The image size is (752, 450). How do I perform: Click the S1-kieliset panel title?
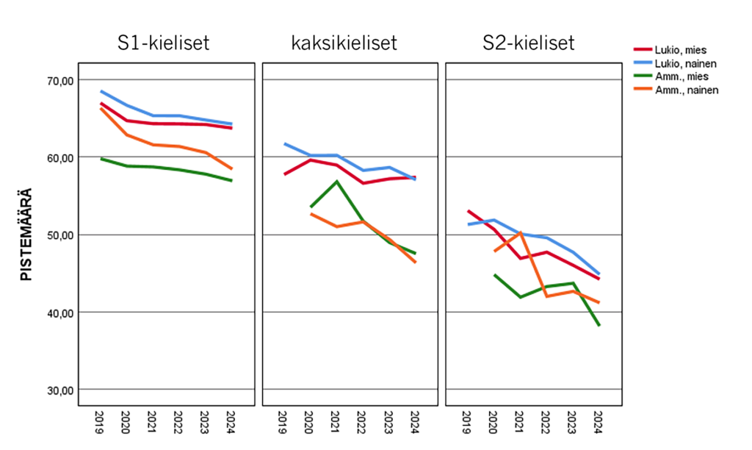click(164, 43)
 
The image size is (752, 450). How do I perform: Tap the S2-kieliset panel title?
click(528, 43)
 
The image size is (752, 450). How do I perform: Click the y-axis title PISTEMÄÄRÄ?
click(27, 234)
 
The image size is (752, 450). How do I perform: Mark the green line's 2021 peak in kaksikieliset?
click(336, 181)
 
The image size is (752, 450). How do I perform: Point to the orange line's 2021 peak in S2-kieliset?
click(520, 232)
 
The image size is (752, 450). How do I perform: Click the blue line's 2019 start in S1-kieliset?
click(101, 91)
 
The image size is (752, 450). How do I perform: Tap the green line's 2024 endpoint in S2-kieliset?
click(599, 325)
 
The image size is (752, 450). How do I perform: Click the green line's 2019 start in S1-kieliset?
click(101, 159)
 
